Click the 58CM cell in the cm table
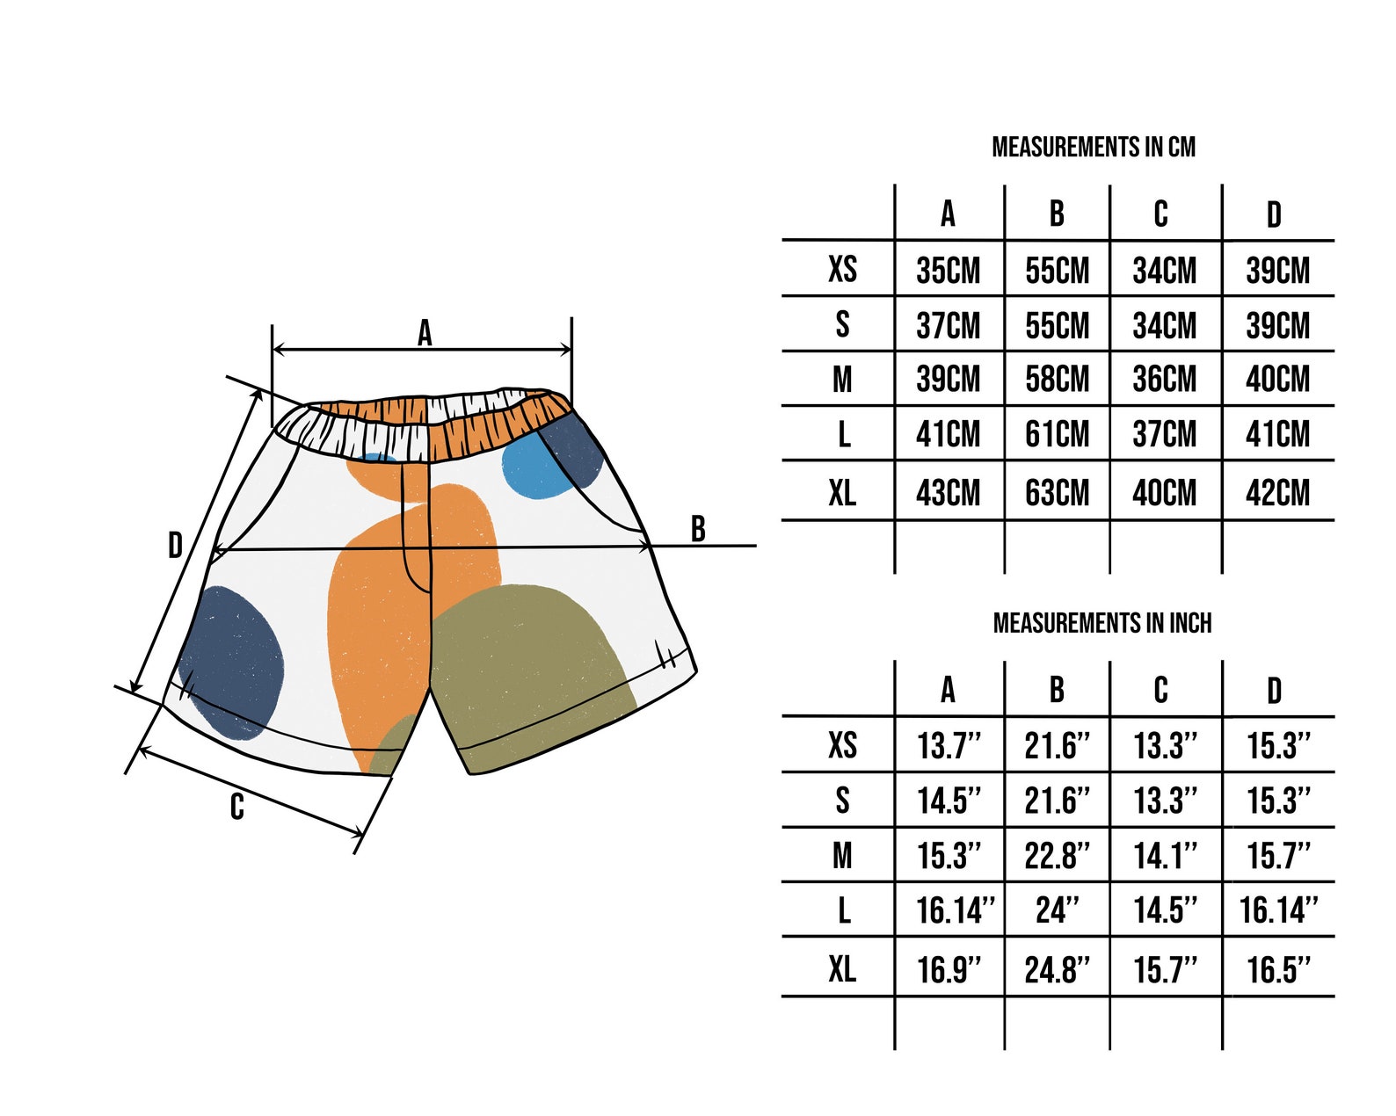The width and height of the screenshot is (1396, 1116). click(x=1058, y=379)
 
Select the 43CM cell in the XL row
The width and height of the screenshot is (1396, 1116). click(x=948, y=493)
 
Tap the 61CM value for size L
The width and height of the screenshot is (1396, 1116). click(x=1058, y=434)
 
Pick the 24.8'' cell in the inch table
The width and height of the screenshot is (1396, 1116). click(x=1058, y=970)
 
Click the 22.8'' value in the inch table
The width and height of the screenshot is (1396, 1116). click(x=1058, y=856)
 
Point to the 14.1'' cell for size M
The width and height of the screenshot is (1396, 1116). click(x=1165, y=856)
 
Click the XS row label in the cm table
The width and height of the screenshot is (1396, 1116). click(x=843, y=269)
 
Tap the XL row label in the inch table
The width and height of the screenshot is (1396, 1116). click(x=843, y=968)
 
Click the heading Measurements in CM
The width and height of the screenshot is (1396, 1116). click(x=1094, y=148)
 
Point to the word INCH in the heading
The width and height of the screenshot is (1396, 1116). click(x=1190, y=623)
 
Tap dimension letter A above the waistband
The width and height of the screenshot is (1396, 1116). click(x=425, y=333)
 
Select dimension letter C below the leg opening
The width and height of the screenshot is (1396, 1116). click(x=237, y=808)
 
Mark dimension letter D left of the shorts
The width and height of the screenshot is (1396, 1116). click(x=175, y=546)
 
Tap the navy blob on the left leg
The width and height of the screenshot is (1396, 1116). click(x=231, y=663)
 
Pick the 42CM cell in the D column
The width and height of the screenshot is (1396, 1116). click(x=1277, y=493)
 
